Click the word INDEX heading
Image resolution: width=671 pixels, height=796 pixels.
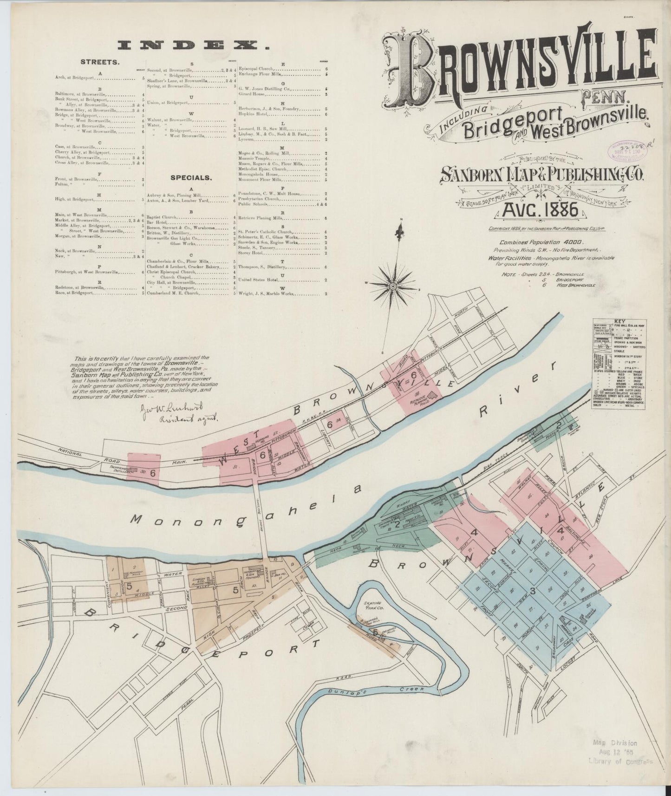tap(194, 45)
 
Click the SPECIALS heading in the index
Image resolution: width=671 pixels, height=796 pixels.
tap(191, 177)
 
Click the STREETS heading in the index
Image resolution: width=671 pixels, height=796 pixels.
tap(100, 61)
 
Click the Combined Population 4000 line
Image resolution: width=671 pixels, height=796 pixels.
tap(541, 242)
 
